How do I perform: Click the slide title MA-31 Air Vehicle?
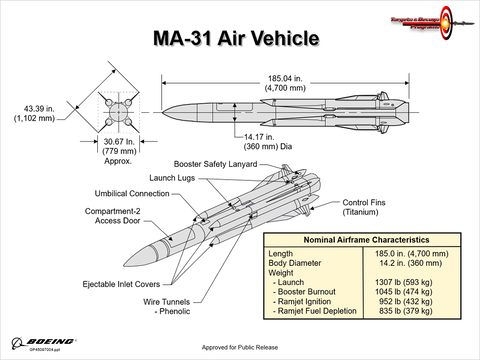[236, 39]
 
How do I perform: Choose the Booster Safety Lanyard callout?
[215, 162]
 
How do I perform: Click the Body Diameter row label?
[300, 263]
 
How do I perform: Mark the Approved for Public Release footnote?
[239, 346]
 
